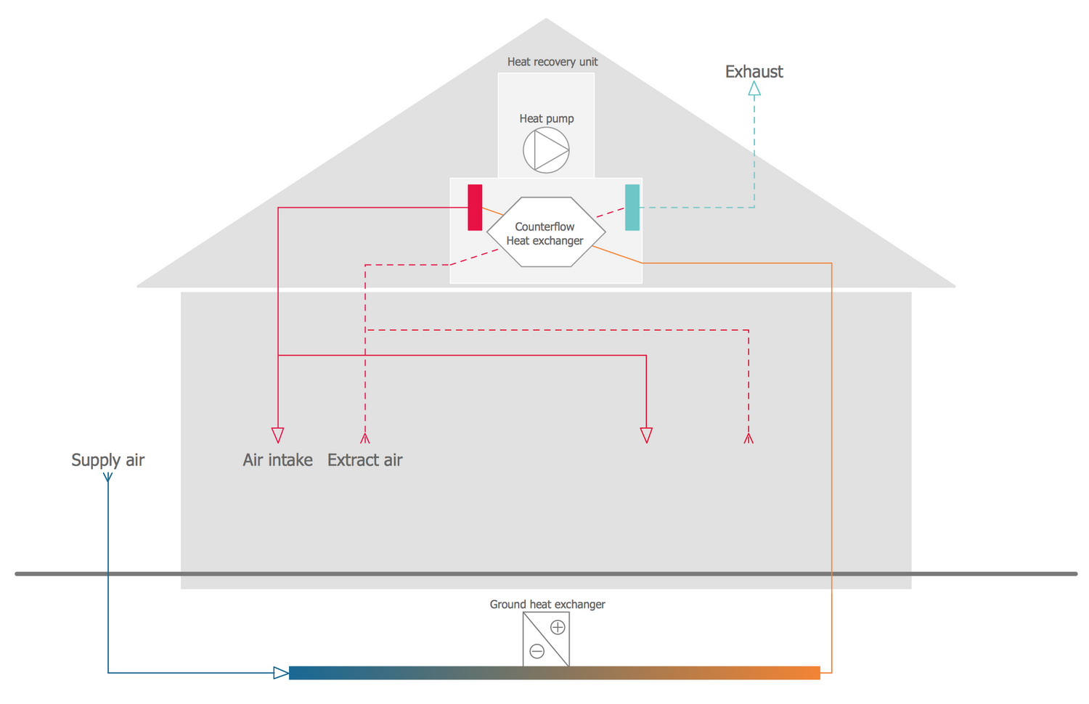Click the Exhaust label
[x=754, y=72]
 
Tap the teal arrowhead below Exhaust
[x=754, y=89]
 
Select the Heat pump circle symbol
[x=546, y=150]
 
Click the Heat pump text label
[x=546, y=118]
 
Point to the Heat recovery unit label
[x=552, y=62]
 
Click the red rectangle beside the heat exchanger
[x=475, y=208]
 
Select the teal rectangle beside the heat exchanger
[x=632, y=208]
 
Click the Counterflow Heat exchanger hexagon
[x=545, y=233]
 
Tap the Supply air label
[x=107, y=460]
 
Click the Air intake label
[x=277, y=460]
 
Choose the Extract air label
[x=364, y=460]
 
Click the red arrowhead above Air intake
[x=277, y=435]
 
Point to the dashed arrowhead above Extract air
[x=365, y=438]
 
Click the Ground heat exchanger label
[x=547, y=605]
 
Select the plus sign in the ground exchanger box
[x=558, y=627]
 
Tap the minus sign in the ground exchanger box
[x=537, y=651]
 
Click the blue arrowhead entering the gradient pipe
[x=281, y=673]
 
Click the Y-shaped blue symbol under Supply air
[x=107, y=478]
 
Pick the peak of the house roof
[x=546, y=21]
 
